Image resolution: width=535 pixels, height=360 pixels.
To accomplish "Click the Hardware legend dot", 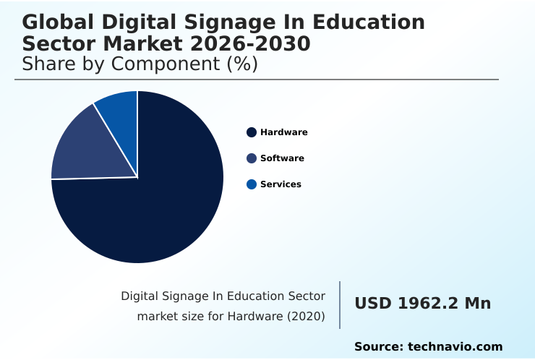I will pyautogui.click(x=252, y=132).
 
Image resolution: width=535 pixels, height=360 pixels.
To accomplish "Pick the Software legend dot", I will pyautogui.click(x=252, y=158).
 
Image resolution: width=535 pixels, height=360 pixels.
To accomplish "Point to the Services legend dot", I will pyautogui.click(x=252, y=184).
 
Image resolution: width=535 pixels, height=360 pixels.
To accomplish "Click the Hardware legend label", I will pyautogui.click(x=284, y=132).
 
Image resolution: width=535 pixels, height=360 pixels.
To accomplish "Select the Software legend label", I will pyautogui.click(x=282, y=158).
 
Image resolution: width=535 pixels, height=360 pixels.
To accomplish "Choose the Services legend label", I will pyautogui.click(x=281, y=184).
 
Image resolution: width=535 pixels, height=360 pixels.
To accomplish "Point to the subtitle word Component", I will pyautogui.click(x=163, y=64).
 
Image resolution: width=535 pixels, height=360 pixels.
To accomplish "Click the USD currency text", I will pyautogui.click(x=372, y=304).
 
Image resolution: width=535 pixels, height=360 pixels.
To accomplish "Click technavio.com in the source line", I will pyautogui.click(x=455, y=347).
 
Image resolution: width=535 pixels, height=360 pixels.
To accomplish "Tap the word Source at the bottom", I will pyautogui.click(x=377, y=347).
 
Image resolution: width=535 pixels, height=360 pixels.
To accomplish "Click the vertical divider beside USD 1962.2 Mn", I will pyautogui.click(x=340, y=305).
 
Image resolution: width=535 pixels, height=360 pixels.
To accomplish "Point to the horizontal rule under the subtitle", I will pyautogui.click(x=257, y=80).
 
